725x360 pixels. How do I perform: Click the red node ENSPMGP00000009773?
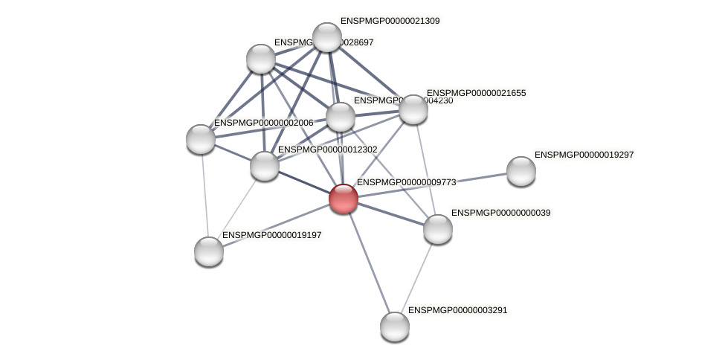tap(344, 199)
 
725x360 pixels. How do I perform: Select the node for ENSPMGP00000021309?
tap(327, 37)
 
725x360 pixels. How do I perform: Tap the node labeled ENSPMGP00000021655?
tap(413, 109)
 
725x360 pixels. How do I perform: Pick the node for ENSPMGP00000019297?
tap(521, 171)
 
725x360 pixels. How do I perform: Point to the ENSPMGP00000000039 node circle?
tap(438, 228)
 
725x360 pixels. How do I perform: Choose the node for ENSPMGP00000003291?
tap(395, 326)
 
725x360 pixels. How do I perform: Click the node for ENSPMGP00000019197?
tap(209, 251)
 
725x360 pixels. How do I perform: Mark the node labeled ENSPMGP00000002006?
tap(201, 138)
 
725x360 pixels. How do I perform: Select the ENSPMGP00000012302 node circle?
tap(265, 165)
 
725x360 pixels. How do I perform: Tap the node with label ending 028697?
tap(261, 59)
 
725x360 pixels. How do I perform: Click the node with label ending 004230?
tap(341, 117)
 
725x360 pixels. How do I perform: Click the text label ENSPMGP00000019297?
tap(584, 155)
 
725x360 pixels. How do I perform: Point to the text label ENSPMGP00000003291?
tap(457, 309)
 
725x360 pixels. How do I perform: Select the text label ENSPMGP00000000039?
tap(500, 213)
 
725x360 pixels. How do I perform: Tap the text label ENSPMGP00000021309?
tap(390, 21)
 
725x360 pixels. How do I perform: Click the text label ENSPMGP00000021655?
tap(476, 93)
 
